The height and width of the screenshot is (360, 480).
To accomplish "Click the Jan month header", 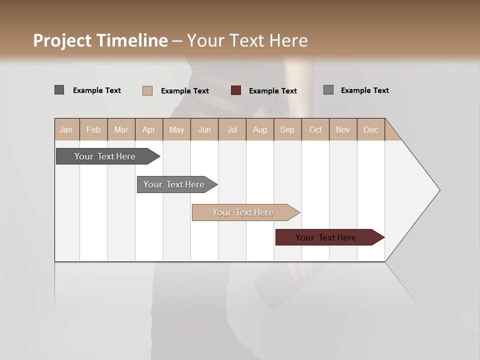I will pyautogui.click(x=66, y=129).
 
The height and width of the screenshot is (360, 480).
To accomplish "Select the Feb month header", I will pyautogui.click(x=93, y=129).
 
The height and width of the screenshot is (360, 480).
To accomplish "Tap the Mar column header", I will pyautogui.click(x=121, y=129).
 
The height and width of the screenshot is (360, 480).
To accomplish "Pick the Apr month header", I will pyautogui.click(x=148, y=129).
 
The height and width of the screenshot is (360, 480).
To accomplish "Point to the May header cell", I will pyautogui.click(x=176, y=129).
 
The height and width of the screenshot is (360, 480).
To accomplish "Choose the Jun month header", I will pyautogui.click(x=204, y=129).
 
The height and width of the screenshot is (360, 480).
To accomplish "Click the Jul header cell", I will pyautogui.click(x=232, y=129).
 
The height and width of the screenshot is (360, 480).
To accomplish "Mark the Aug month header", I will pyautogui.click(x=259, y=129).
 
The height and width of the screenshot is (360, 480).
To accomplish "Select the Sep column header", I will pyautogui.click(x=287, y=129).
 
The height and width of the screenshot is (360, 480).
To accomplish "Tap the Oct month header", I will pyautogui.click(x=315, y=129).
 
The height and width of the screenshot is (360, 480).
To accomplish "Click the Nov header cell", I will pyautogui.click(x=343, y=129).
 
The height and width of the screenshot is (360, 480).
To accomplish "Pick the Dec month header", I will pyautogui.click(x=370, y=129).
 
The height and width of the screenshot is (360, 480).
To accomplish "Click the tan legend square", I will pyautogui.click(x=147, y=90).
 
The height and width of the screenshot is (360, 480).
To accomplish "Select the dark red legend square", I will pyautogui.click(x=236, y=90).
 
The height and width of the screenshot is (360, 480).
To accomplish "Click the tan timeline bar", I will pyautogui.click(x=243, y=212).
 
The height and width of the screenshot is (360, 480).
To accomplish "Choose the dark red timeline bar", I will pyautogui.click(x=326, y=237).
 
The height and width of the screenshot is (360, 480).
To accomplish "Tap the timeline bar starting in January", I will pyautogui.click(x=105, y=156).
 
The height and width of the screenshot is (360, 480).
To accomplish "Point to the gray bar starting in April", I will pyautogui.click(x=174, y=184).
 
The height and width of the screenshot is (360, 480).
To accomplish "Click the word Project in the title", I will pyautogui.click(x=62, y=40).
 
